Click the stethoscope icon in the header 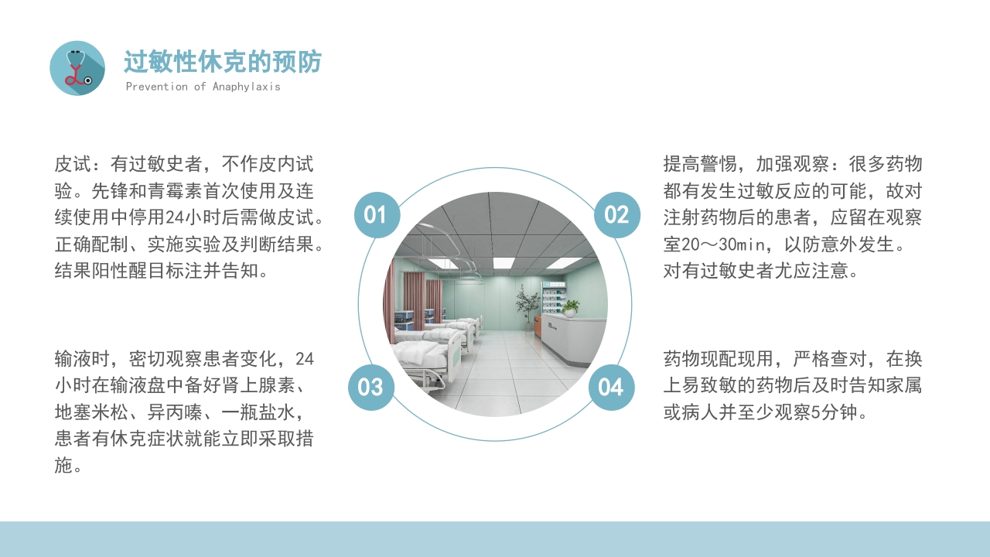(77, 68)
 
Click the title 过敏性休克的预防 (222, 62)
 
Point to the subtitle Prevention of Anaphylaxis (203, 87)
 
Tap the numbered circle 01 (377, 214)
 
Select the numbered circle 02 (616, 214)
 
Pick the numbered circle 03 (371, 387)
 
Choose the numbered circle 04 (611, 387)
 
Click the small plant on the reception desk (571, 308)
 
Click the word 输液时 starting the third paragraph (82, 359)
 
